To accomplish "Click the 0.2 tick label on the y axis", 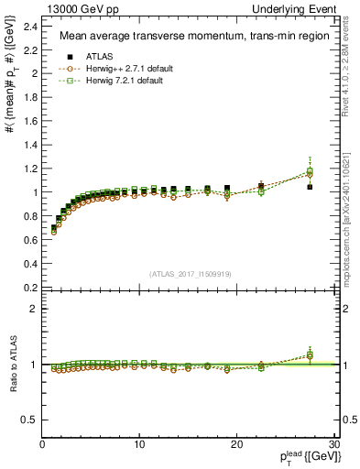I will (30, 288).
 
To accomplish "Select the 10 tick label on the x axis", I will (139, 444).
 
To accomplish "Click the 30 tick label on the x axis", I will (334, 444).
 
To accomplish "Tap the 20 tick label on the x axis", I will (236, 444).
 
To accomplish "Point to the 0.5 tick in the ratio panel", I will (30, 420).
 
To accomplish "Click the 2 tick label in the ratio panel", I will (34, 309).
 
